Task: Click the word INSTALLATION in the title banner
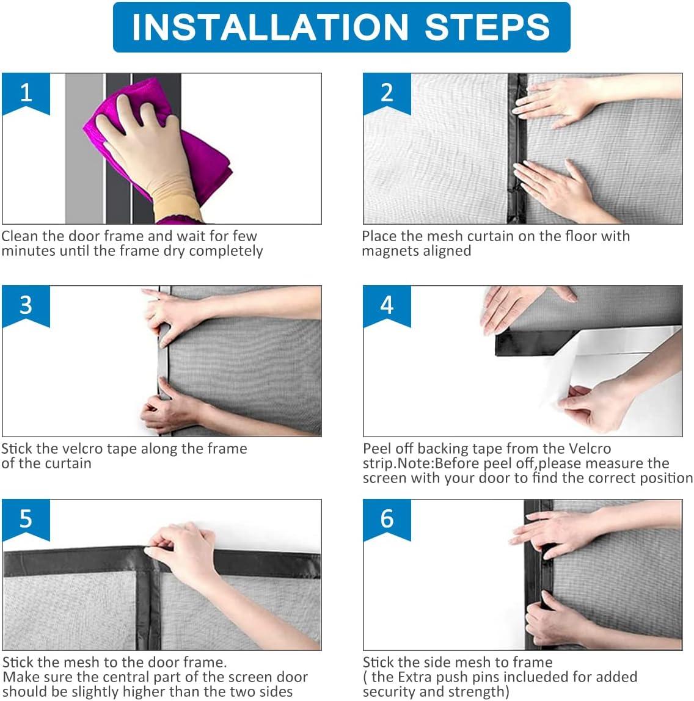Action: coord(270,27)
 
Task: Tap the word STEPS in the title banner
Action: coord(488,27)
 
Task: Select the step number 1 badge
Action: coord(26,93)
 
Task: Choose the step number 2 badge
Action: coord(387,93)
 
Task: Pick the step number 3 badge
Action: coord(26,306)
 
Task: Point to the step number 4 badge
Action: coord(387,306)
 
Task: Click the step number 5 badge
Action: coord(26,519)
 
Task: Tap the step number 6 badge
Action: coord(387,519)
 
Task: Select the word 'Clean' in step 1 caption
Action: coord(20,236)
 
